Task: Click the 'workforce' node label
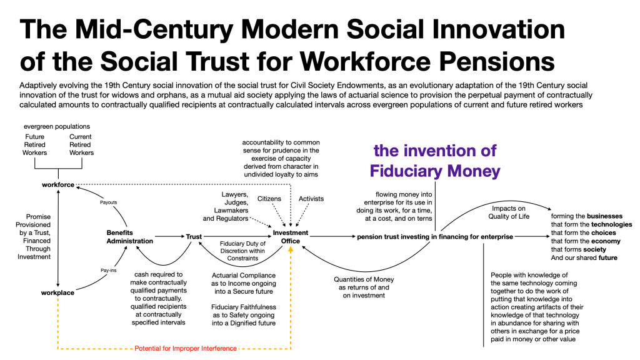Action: coord(58,185)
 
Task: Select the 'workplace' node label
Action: coord(57,292)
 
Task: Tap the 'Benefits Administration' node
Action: coord(130,237)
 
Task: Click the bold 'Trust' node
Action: coord(194,237)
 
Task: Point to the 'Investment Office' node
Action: coord(291,237)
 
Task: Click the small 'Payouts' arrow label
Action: coord(109,202)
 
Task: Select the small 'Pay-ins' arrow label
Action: coord(109,270)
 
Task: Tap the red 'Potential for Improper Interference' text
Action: coord(186,348)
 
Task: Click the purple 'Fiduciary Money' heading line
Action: coord(435,171)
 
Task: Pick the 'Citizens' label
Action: coord(269,199)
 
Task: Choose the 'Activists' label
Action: coord(311,199)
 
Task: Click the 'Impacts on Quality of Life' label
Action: coord(509,212)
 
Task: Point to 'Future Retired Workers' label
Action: coord(35,144)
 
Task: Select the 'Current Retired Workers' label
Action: coord(81,144)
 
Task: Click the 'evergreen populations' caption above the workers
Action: coord(57,126)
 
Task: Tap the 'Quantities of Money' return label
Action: coord(364,279)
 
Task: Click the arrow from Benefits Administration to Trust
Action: coord(170,236)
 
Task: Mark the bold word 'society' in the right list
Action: coord(595,249)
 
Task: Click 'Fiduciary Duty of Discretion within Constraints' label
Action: coord(242,251)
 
